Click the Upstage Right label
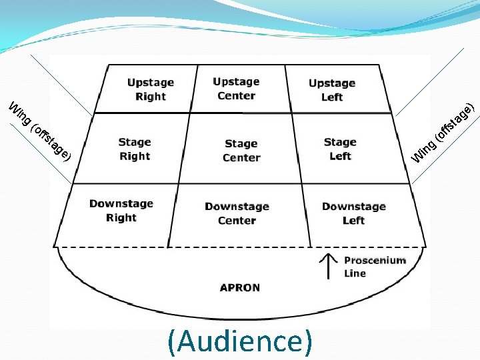pos(151,89)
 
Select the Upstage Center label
pos(236,89)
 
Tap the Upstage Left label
pos(332,90)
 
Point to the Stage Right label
pos(135,149)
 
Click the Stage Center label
pos(241,151)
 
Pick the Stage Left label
pos(340,149)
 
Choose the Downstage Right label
pos(121,211)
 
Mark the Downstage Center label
pos(237,213)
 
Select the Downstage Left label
pos(354,213)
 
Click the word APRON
pos(240,288)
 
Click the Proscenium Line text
pos(374,267)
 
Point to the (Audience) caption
pos(240,341)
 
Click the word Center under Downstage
pos(237,221)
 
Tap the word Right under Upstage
pos(151,97)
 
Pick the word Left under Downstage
pos(354,221)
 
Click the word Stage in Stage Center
pos(241,143)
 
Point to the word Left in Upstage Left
pos(332,97)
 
